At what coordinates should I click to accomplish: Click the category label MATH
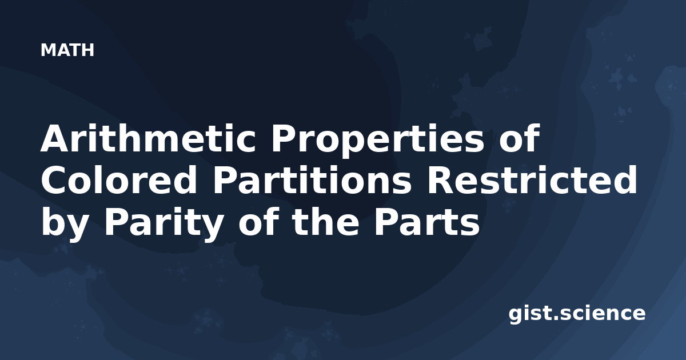click(x=67, y=50)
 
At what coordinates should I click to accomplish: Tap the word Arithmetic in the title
click(x=148, y=138)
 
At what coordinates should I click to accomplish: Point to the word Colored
click(x=119, y=180)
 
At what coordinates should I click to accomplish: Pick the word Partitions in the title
click(x=312, y=180)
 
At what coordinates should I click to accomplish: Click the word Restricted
click(x=532, y=180)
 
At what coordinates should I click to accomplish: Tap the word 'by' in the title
click(x=63, y=225)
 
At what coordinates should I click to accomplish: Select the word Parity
click(x=163, y=225)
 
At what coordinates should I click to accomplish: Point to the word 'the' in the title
click(x=325, y=222)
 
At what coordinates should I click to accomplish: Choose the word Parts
click(x=426, y=222)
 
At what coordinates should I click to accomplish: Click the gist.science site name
click(x=577, y=314)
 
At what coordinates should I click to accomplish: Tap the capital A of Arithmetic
click(x=55, y=138)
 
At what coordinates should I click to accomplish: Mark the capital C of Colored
click(x=54, y=180)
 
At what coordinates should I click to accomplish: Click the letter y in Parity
click(x=212, y=229)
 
